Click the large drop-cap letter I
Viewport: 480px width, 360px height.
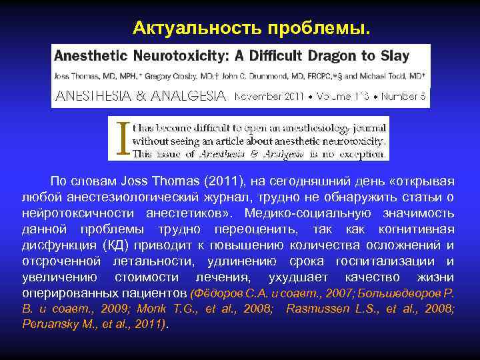[x=120, y=138]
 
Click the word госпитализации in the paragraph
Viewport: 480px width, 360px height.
[x=389, y=261]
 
